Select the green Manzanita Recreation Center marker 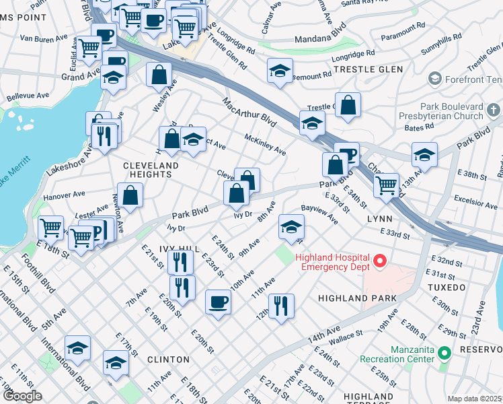tap(444, 353)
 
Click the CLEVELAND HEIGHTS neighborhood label tap(151, 170)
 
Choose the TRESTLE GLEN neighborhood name tap(369, 69)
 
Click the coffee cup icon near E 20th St tap(217, 302)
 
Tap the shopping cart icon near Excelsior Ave tap(386, 184)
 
